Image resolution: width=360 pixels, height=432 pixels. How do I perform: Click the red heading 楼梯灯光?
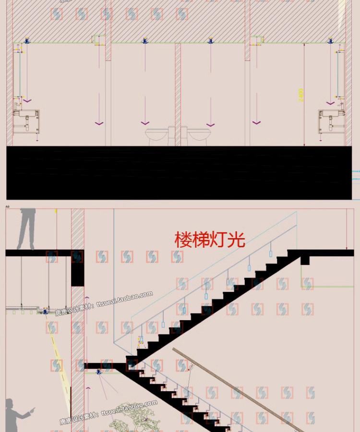click(x=210, y=239)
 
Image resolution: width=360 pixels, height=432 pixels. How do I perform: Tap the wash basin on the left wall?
click(x=26, y=121)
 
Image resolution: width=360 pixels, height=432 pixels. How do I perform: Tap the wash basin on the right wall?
click(x=332, y=121)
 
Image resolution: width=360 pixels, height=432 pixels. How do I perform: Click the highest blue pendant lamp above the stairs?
click(x=270, y=254)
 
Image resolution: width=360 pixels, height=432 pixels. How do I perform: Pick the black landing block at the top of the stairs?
click(x=304, y=259)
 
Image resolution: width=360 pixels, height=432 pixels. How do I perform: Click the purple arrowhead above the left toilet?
click(x=144, y=123)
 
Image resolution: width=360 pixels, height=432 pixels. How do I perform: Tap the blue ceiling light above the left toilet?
click(x=144, y=41)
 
